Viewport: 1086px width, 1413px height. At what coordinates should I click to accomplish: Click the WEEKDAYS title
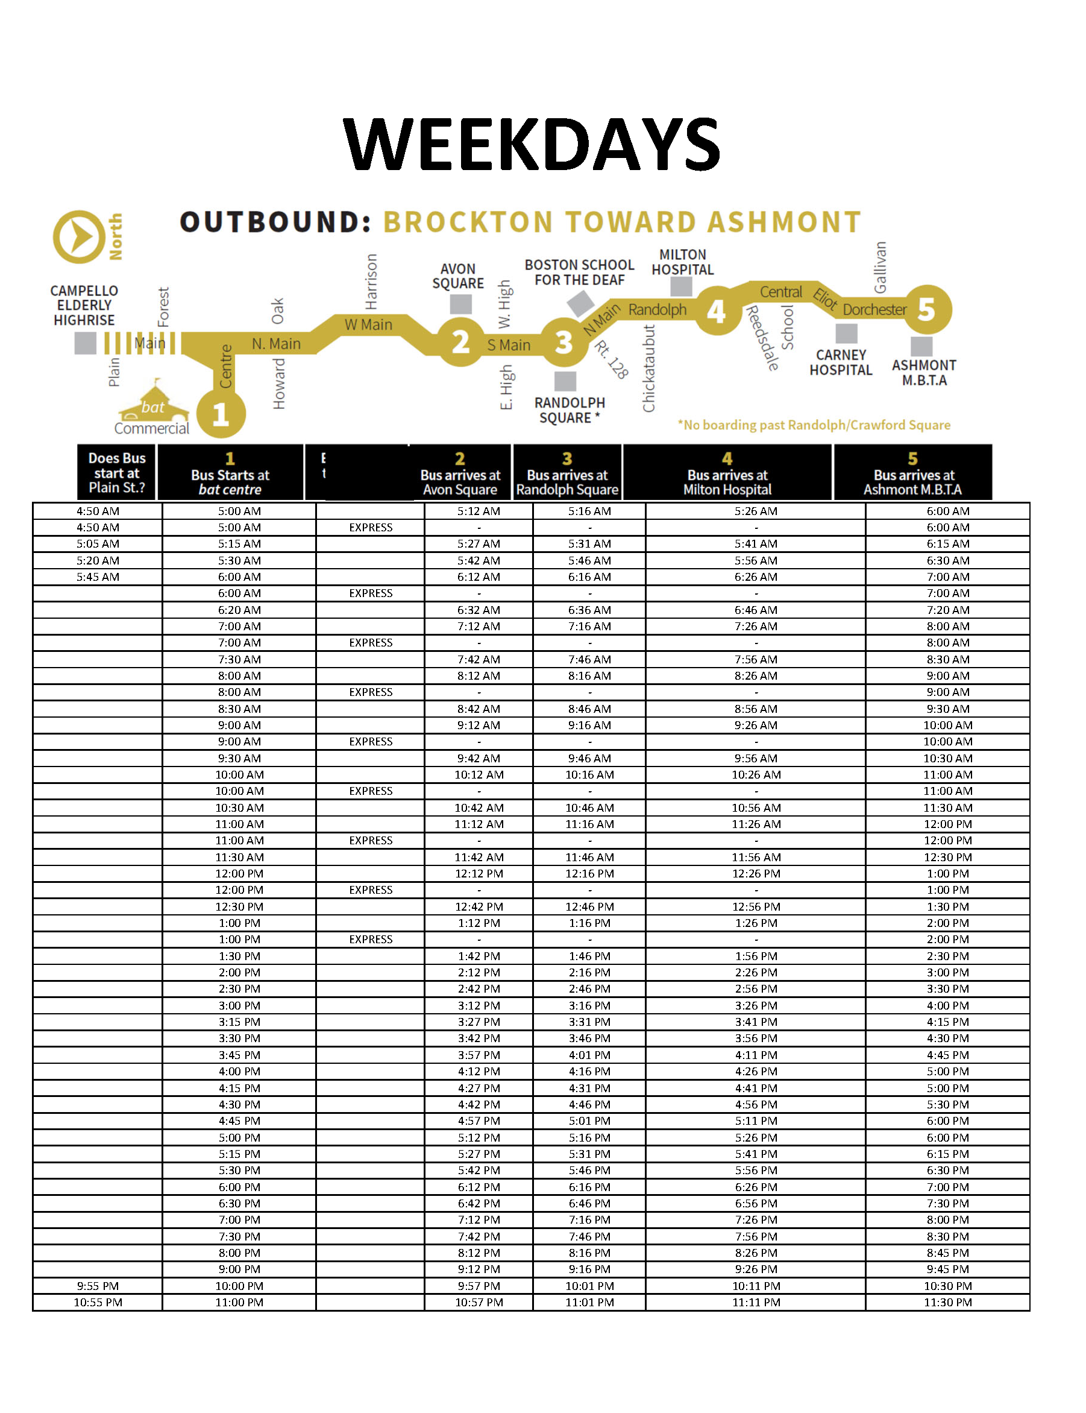[532, 144]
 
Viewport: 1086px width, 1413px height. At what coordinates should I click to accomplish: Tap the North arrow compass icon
[79, 236]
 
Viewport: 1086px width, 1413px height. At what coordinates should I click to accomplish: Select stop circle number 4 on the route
[716, 312]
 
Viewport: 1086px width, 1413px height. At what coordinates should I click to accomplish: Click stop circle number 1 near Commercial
[221, 414]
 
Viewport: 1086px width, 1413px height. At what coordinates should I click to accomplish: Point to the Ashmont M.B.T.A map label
[924, 373]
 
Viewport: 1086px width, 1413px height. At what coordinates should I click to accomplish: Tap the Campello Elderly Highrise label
[84, 305]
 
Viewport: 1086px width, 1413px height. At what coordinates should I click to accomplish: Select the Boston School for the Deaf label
[579, 272]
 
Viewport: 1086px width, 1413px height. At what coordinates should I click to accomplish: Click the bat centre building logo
[153, 402]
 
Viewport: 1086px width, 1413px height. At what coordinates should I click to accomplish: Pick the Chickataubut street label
[649, 368]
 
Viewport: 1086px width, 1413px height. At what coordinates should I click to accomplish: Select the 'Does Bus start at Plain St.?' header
[116, 473]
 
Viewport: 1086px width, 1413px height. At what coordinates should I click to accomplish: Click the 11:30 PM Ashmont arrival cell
[947, 1303]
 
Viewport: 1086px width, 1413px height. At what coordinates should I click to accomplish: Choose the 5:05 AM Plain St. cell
[98, 544]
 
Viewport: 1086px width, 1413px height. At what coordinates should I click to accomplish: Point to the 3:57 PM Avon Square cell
[479, 1055]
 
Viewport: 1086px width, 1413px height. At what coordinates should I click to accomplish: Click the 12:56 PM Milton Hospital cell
[756, 906]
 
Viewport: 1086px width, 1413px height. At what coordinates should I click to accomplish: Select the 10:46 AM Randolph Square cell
[589, 808]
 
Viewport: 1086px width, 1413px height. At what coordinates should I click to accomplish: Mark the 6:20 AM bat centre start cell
[239, 610]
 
